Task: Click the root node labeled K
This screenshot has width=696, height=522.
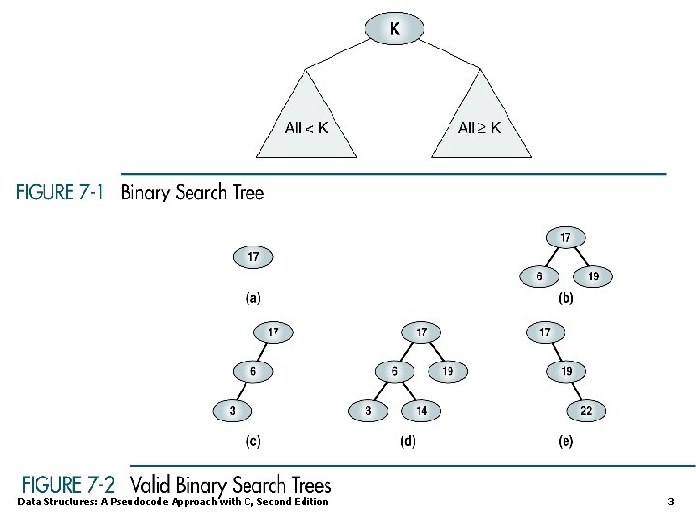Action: tap(394, 29)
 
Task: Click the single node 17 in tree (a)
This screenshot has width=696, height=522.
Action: tap(253, 258)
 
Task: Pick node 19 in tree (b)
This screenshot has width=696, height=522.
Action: tap(594, 276)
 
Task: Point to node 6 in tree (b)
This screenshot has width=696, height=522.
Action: tap(539, 276)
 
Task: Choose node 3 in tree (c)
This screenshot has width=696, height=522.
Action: tap(232, 411)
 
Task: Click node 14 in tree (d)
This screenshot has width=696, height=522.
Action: tap(422, 411)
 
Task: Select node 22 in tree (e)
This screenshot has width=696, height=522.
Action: tap(586, 411)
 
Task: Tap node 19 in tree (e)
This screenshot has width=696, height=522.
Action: tap(566, 371)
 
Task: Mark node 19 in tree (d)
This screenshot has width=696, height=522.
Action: tap(448, 371)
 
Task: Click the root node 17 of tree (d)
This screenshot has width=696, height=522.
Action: tap(422, 332)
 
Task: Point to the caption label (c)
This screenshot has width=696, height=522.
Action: tap(253, 441)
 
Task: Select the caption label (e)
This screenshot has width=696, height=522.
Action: tap(566, 441)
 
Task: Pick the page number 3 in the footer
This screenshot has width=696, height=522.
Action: tap(671, 501)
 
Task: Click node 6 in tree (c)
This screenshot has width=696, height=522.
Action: tap(253, 371)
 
